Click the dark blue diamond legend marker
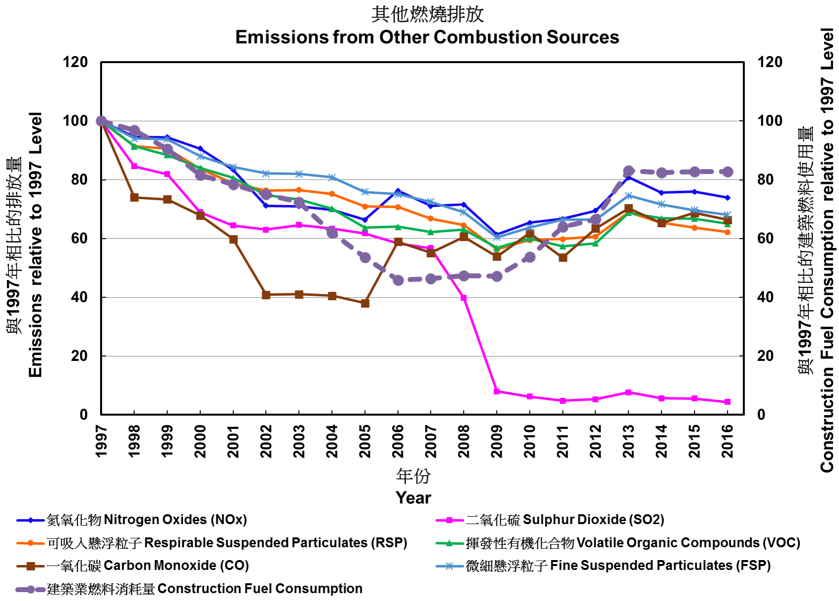(31, 520)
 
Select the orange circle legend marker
(31, 543)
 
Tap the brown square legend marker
(31, 566)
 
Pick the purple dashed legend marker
(31, 589)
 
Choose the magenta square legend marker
(449, 520)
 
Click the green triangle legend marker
(449, 543)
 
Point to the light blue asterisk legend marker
(449, 566)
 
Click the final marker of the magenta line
(727, 402)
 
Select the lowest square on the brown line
(365, 303)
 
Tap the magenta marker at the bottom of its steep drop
(497, 391)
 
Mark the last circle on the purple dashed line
(727, 172)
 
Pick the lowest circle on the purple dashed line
(398, 280)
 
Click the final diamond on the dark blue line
(727, 197)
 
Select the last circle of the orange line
(727, 232)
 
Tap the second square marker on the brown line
(135, 197)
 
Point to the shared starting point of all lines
(102, 121)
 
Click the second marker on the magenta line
(135, 167)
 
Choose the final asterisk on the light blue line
(727, 214)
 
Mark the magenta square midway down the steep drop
(464, 298)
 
